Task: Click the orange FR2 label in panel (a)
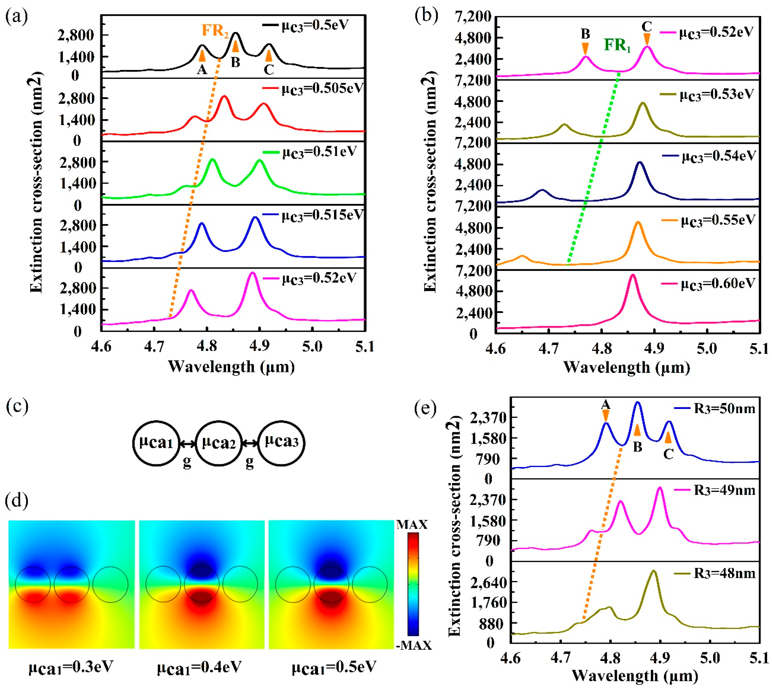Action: click(215, 30)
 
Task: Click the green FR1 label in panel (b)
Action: click(617, 45)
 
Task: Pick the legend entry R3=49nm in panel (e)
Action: click(724, 491)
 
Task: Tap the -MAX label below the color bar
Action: click(414, 646)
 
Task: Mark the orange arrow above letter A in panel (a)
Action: click(202, 55)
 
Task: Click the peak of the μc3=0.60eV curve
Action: click(632, 275)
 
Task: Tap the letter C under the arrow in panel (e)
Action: click(668, 454)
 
